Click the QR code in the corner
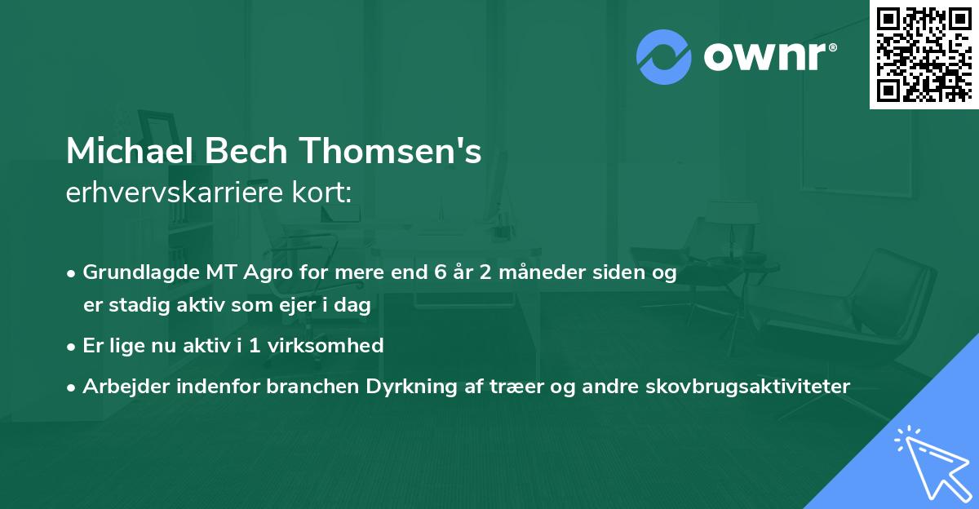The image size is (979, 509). [x=924, y=54]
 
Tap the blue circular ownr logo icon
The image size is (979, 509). [x=664, y=56]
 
